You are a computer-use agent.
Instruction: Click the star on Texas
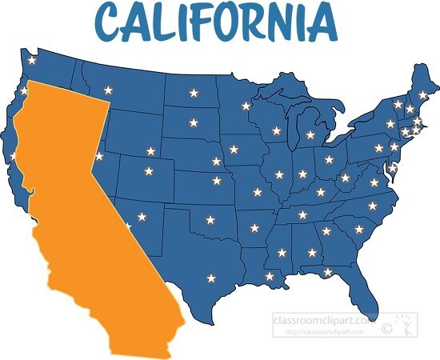[211, 278]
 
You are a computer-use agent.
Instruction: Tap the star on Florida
[328, 272]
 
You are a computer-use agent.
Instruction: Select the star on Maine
[423, 94]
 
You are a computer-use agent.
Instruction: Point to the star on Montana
[107, 90]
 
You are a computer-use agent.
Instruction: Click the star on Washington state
[32, 60]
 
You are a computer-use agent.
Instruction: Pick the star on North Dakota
[194, 94]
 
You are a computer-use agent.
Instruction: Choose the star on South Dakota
[194, 123]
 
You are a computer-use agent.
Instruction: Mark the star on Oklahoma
[210, 219]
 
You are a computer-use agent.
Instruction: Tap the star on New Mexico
[142, 216]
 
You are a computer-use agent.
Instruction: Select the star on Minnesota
[246, 106]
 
